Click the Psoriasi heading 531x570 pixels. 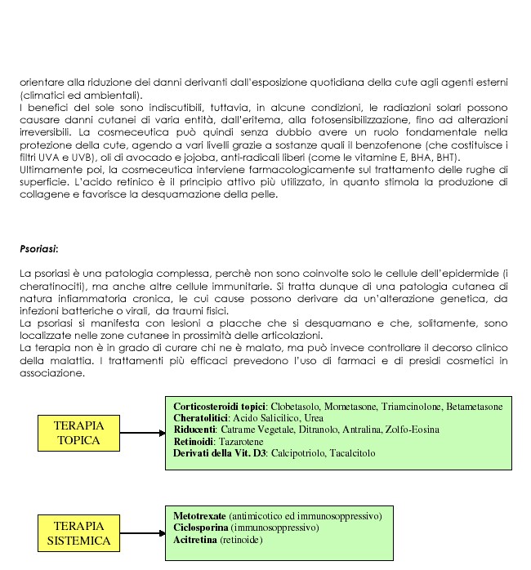coord(38,247)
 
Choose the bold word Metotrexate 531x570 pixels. coord(200,515)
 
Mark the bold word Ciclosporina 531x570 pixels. coord(200,528)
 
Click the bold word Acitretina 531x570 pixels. coord(196,541)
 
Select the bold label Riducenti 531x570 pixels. coord(195,430)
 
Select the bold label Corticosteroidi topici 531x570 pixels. coord(220,406)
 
